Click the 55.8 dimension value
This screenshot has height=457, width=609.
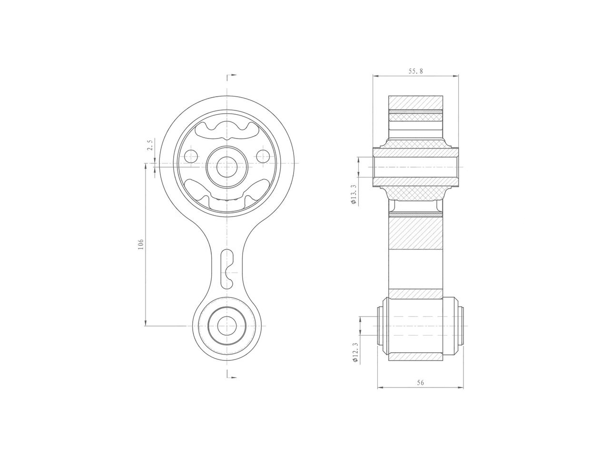415,71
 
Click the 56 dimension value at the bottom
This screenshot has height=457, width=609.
420,382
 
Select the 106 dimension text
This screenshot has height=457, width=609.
140,244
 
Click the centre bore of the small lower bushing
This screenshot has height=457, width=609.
227,326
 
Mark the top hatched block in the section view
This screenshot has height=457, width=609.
415,102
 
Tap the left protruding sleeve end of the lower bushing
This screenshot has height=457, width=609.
380,326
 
